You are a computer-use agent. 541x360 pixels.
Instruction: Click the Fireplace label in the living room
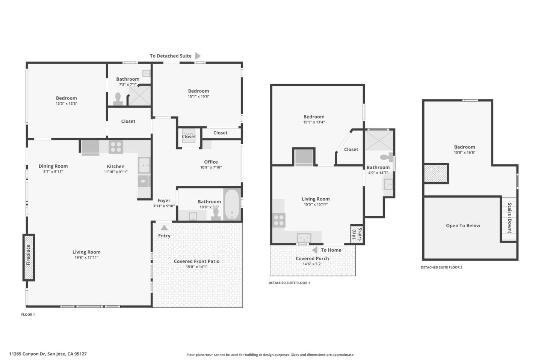pyautogui.click(x=29, y=255)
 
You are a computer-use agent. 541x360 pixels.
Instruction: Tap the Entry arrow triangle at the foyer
pyautogui.click(x=164, y=228)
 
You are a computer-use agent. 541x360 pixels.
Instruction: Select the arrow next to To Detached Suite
pyautogui.click(x=198, y=56)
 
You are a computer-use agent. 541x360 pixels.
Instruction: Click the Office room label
pyautogui.click(x=211, y=162)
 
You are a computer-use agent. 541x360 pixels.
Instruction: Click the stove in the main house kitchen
pyautogui.click(x=116, y=147)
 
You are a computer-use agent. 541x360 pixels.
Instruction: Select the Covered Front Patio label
pyautogui.click(x=196, y=261)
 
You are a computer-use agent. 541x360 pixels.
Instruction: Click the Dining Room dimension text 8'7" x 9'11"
pyautogui.click(x=53, y=172)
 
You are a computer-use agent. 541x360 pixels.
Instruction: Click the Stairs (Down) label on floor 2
pyautogui.click(x=509, y=218)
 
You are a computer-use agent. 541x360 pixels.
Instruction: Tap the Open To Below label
pyautogui.click(x=463, y=225)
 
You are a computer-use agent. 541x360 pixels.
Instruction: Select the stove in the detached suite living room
pyautogui.click(x=279, y=220)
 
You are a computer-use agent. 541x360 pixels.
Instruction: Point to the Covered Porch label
pyautogui.click(x=312, y=258)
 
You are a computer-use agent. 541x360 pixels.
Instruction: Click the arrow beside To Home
pyautogui.click(x=315, y=250)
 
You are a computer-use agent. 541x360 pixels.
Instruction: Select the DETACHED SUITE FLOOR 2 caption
pyautogui.click(x=441, y=267)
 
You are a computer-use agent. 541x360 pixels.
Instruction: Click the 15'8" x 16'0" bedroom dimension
pyautogui.click(x=464, y=153)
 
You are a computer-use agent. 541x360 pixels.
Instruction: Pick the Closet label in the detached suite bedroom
pyautogui.click(x=351, y=149)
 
